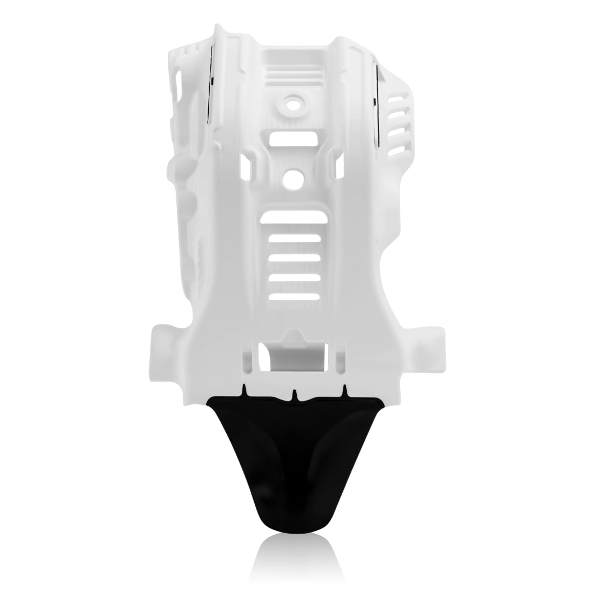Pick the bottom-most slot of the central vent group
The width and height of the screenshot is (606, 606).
click(295, 296)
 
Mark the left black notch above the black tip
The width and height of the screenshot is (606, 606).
click(244, 389)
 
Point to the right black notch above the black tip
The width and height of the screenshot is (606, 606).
click(345, 389)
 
